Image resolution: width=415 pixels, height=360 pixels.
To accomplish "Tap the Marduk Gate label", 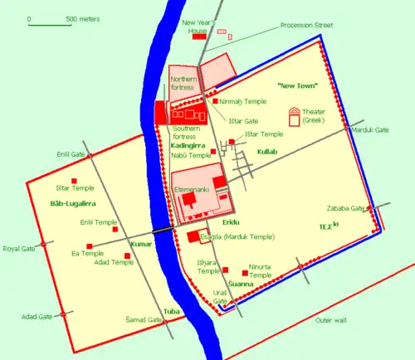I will tap(370, 130).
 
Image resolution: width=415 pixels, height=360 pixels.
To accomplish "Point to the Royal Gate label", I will tap(17, 248).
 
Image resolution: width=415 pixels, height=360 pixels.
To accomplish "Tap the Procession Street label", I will tap(306, 26).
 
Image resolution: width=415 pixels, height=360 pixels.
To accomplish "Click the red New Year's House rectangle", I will tap(199, 36).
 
